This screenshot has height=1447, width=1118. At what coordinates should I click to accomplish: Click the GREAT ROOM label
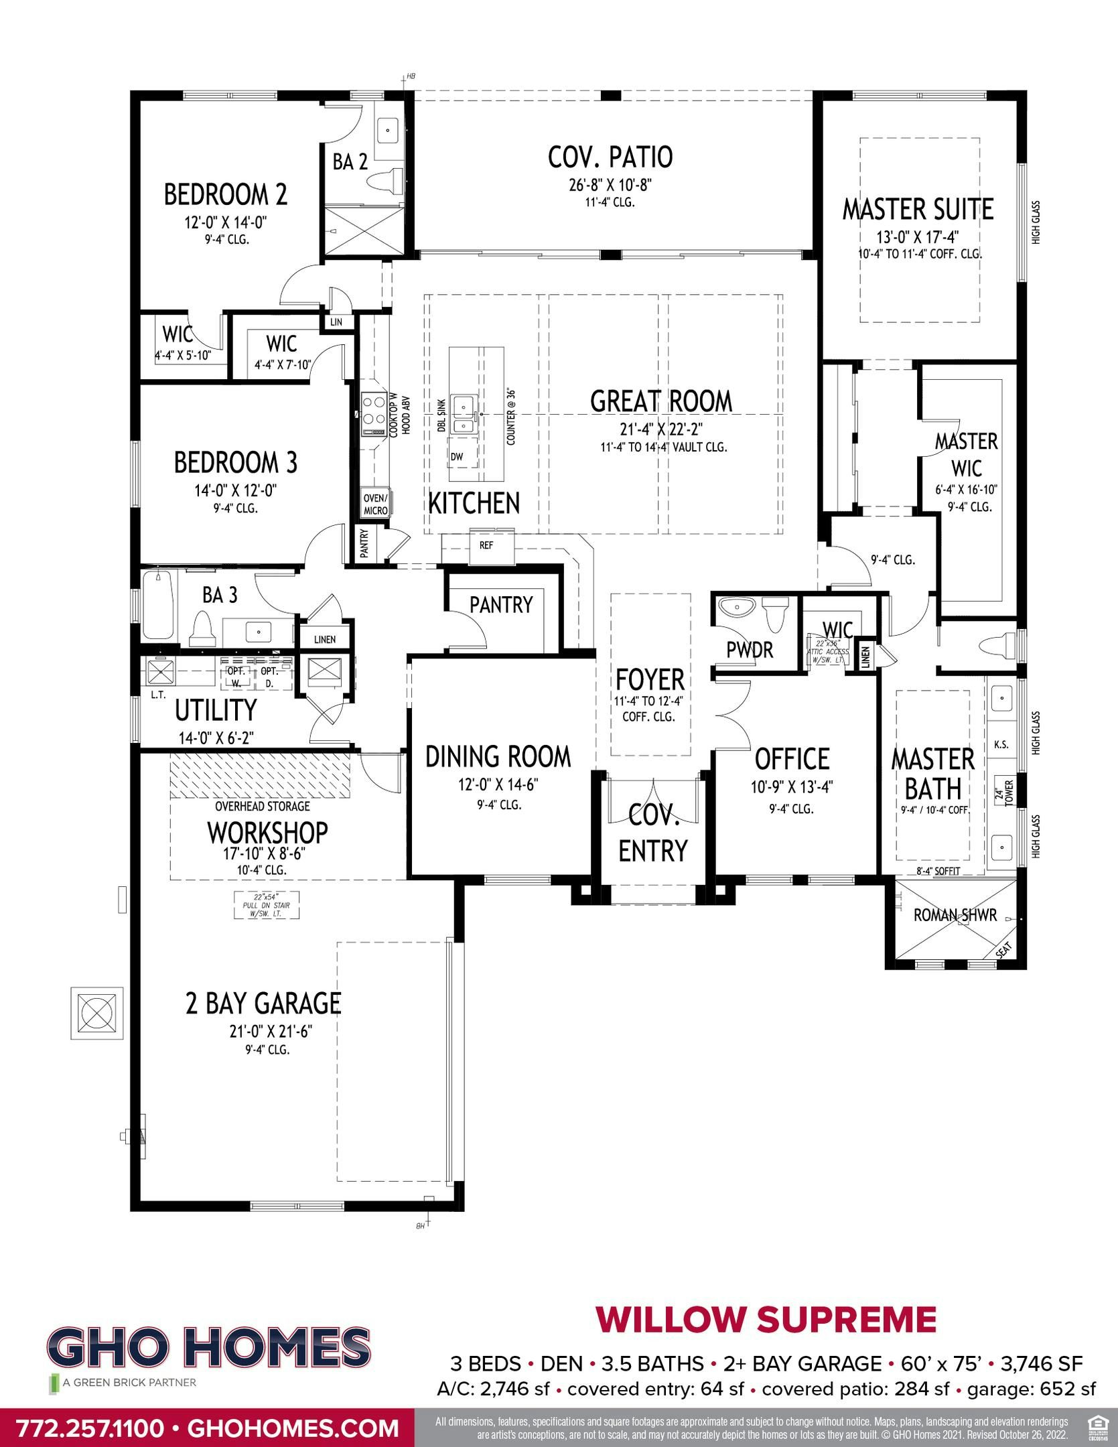tap(660, 401)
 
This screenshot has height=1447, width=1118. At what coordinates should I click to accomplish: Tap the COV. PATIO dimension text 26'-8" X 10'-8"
tap(609, 184)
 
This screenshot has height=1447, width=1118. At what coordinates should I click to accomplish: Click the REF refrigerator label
tap(486, 545)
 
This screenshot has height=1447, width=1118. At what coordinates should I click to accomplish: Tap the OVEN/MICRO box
tap(375, 504)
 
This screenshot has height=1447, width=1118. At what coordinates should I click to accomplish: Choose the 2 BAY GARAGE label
tap(263, 1004)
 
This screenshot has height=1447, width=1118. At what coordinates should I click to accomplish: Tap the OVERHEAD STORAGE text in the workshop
tap(262, 807)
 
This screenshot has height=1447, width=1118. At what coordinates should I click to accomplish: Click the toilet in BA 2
tap(387, 182)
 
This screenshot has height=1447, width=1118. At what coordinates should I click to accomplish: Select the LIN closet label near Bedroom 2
tap(336, 322)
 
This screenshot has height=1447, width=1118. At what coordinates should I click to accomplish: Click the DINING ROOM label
tap(498, 756)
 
